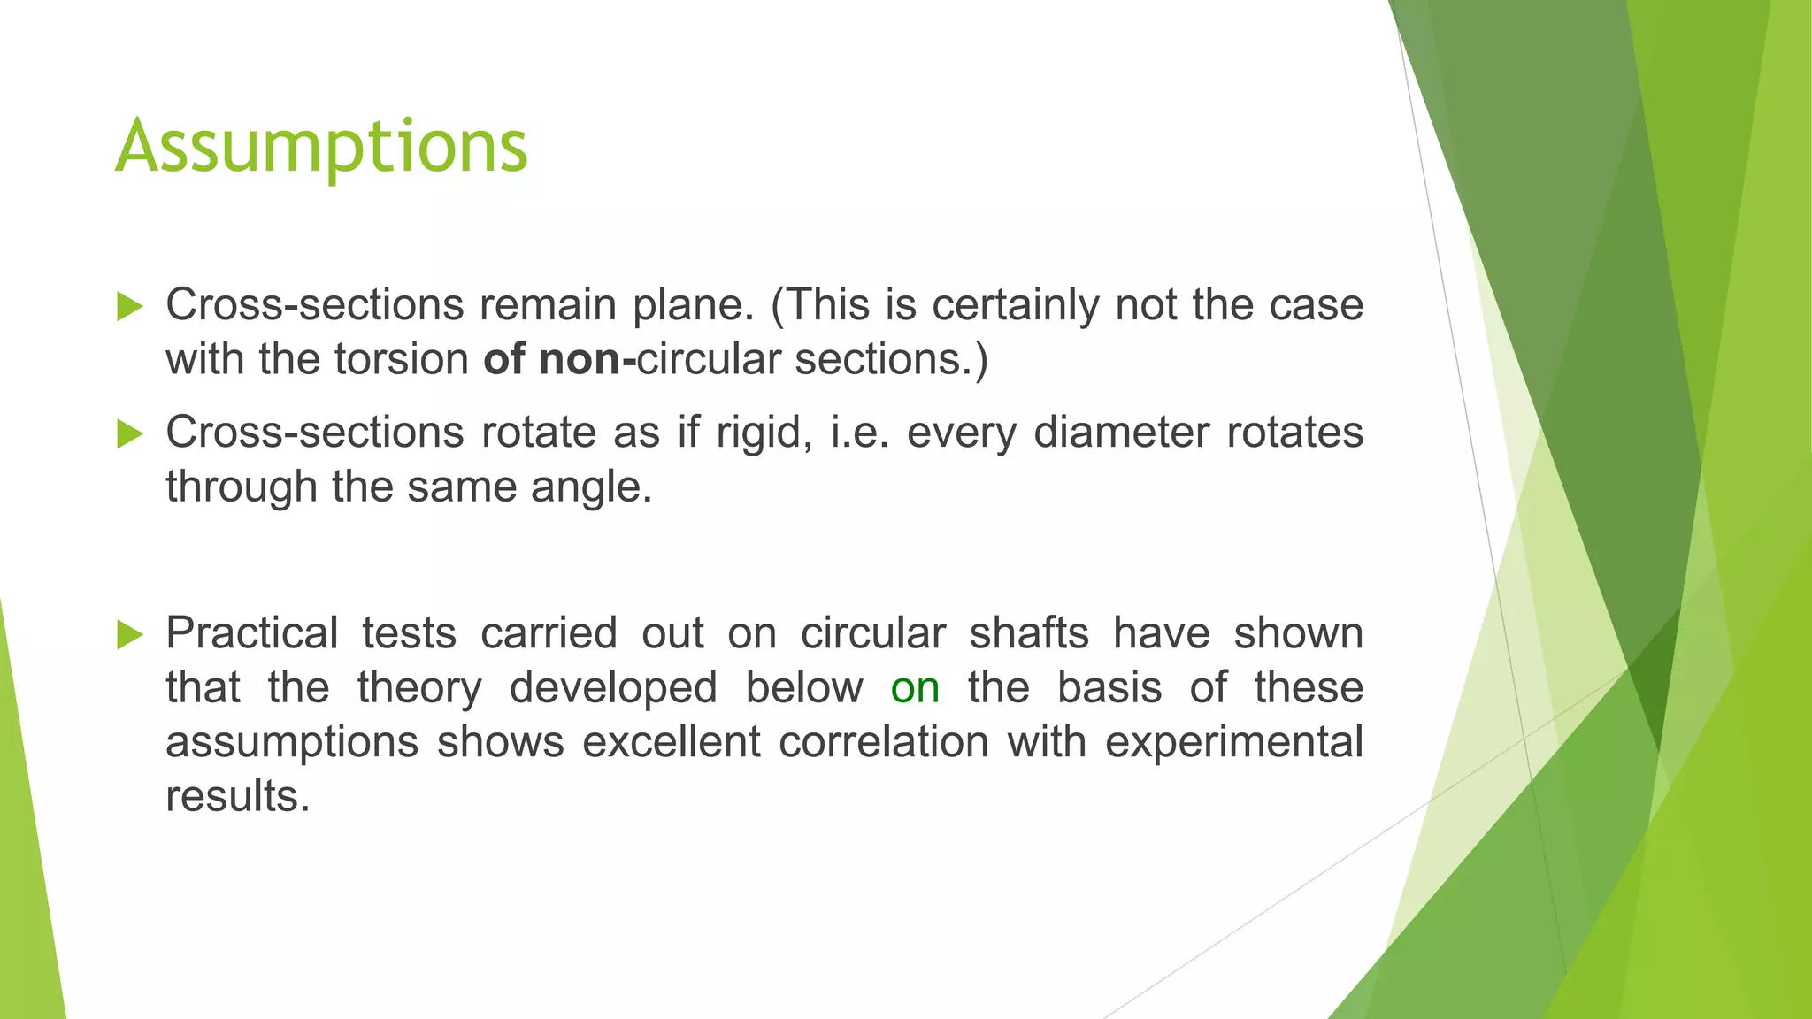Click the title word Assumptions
pyautogui.click(x=321, y=147)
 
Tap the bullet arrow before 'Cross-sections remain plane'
pyautogui.click(x=129, y=306)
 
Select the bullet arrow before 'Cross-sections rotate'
pyautogui.click(x=129, y=433)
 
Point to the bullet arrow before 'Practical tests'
pyautogui.click(x=129, y=634)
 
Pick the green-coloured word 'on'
pyautogui.click(x=915, y=688)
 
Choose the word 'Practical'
pyautogui.click(x=252, y=634)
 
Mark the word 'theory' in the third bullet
pyautogui.click(x=419, y=688)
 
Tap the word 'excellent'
pyautogui.click(x=671, y=742)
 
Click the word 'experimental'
pyautogui.click(x=1233, y=742)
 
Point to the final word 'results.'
pyautogui.click(x=238, y=796)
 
